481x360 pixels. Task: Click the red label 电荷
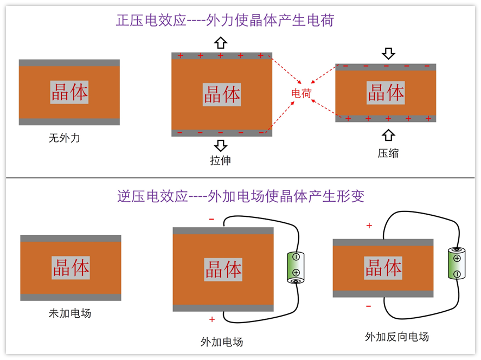pos(302,93)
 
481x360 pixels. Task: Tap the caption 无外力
pos(65,138)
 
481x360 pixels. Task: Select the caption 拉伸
pos(221,160)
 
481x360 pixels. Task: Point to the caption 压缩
pos(388,153)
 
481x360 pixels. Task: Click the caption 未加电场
pos(70,313)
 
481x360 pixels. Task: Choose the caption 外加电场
pos(222,342)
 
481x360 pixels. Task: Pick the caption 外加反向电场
pos(397,337)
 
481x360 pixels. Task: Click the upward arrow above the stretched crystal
pos(221,43)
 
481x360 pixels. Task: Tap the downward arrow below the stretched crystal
pos(221,145)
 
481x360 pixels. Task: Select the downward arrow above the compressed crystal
pos(388,53)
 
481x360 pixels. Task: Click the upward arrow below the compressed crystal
pos(388,134)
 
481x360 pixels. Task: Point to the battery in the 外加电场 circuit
pos(296,268)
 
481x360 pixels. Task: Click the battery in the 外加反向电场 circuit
pos(457,263)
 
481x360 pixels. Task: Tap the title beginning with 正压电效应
pos(225,21)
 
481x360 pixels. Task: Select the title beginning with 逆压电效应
pos(241,196)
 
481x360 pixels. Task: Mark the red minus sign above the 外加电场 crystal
pos(211,220)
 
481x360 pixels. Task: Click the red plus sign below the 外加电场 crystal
pos(212,319)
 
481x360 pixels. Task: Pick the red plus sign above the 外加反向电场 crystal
pos(369,226)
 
